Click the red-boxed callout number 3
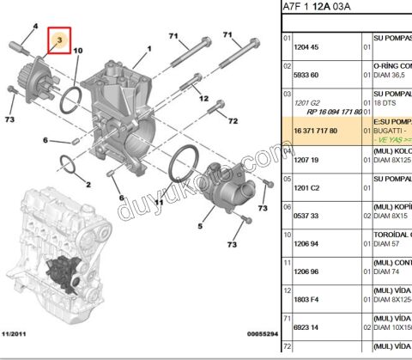[x=59, y=40]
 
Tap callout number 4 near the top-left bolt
[x=35, y=27]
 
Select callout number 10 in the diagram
[x=77, y=52]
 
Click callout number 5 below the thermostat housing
[x=200, y=227]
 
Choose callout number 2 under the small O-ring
[x=88, y=184]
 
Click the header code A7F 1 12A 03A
[x=322, y=9]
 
